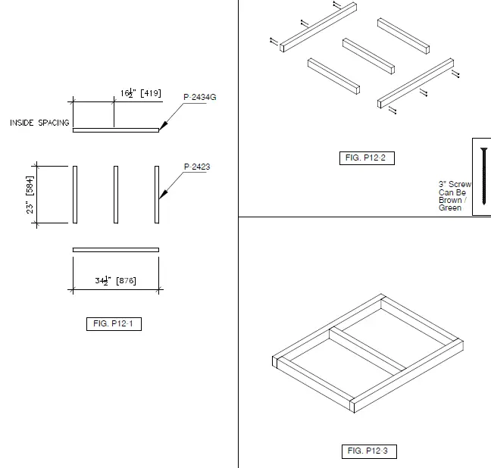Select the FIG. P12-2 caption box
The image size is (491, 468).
click(367, 158)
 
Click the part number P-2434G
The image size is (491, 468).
click(201, 97)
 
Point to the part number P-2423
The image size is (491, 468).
click(196, 167)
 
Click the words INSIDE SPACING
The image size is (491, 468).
click(39, 123)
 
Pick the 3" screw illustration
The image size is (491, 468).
click(483, 176)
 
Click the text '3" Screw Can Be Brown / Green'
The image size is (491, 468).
click(455, 195)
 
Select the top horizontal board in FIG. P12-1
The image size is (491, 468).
click(115, 130)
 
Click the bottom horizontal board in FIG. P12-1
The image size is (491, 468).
click(115, 249)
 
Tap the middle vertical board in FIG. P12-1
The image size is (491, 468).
click(115, 195)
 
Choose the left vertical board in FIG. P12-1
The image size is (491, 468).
click(75, 195)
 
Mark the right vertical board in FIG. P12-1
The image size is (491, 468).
click(156, 195)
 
